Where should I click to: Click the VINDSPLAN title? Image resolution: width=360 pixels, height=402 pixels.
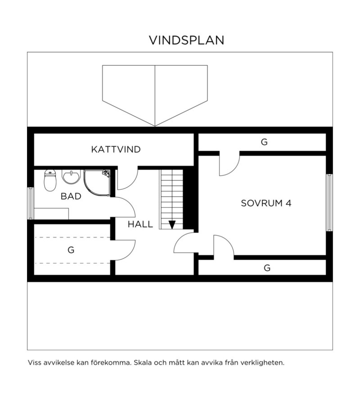187,40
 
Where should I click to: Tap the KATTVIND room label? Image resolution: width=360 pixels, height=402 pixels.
116,149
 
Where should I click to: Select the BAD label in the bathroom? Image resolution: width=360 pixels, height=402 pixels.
71,196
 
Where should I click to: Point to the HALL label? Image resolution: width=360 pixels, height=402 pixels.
140,224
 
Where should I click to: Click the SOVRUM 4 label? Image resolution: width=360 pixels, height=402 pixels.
266,203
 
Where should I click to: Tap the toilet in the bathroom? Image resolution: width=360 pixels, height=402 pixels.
50,180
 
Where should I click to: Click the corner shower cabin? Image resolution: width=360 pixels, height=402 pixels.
97,183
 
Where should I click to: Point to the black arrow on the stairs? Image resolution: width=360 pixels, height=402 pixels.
172,225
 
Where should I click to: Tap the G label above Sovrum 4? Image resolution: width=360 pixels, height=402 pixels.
264,142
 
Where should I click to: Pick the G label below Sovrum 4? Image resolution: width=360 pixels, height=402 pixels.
267,268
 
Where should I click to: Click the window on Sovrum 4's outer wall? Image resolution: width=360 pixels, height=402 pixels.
329,203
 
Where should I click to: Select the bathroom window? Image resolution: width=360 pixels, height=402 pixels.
31,203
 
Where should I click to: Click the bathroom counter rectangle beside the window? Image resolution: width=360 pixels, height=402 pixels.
51,214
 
